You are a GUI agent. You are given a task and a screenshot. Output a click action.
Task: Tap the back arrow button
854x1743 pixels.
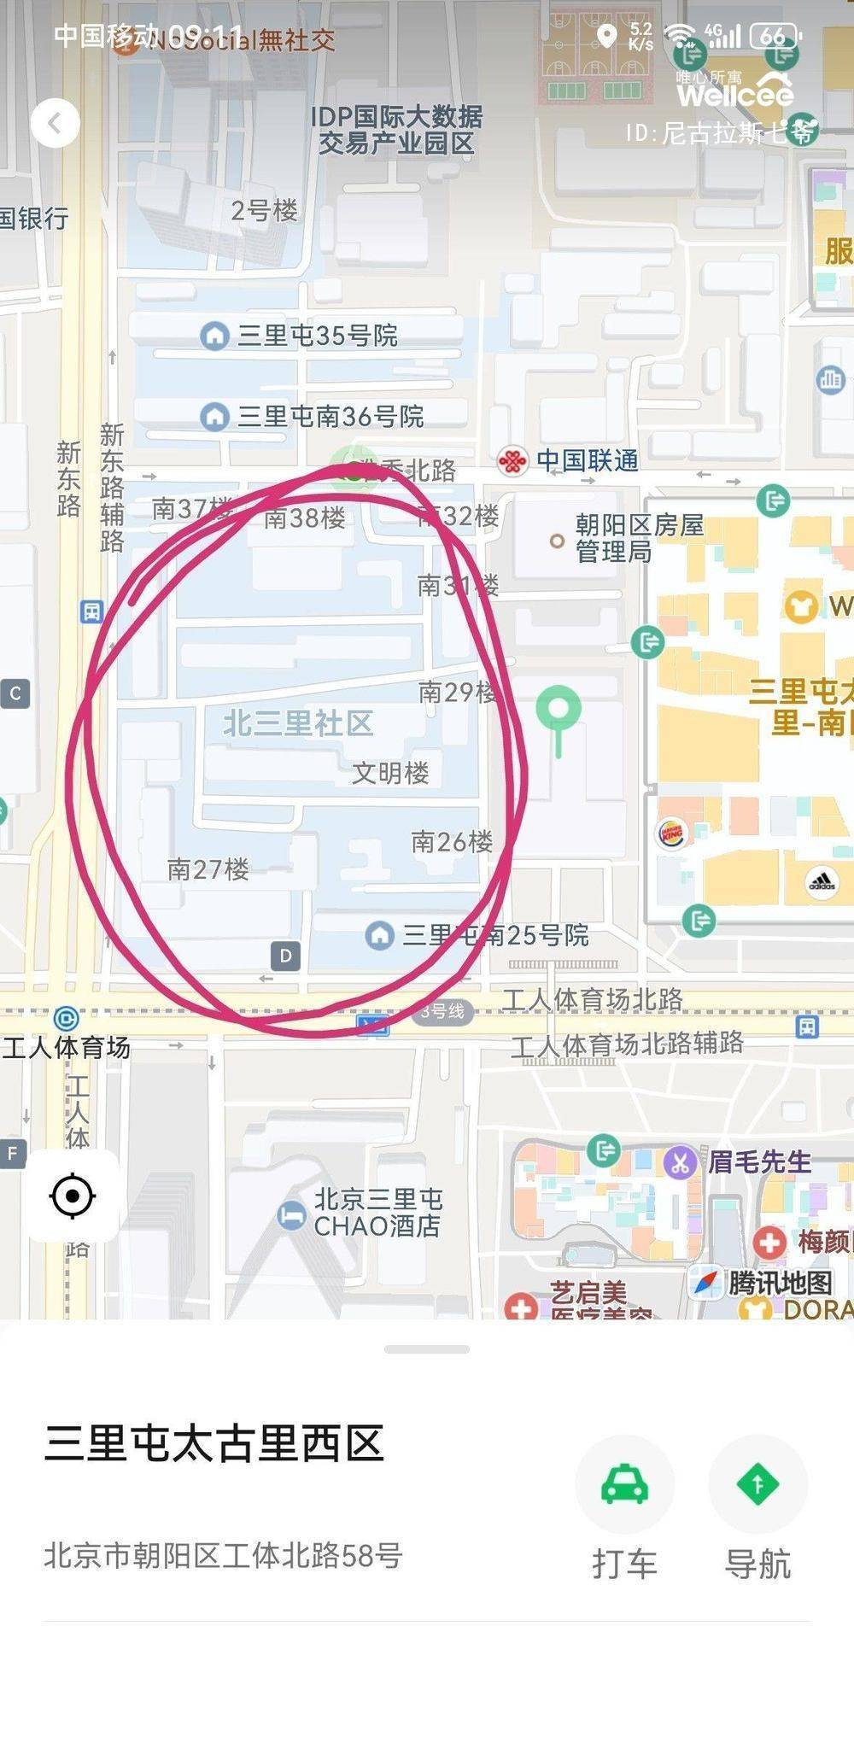tap(56, 124)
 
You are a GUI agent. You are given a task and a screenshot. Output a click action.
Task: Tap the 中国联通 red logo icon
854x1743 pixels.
tap(512, 462)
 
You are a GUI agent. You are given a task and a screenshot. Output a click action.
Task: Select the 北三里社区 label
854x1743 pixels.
tap(298, 723)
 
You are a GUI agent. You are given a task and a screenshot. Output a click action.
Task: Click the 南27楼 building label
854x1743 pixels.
tap(208, 869)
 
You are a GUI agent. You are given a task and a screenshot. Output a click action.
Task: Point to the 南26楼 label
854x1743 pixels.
tap(452, 842)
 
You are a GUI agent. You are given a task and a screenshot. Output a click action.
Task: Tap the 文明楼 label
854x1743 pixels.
tap(390, 773)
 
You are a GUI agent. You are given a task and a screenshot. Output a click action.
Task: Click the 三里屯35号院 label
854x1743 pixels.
tap(317, 336)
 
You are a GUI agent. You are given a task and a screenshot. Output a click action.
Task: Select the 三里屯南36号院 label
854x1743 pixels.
tap(330, 417)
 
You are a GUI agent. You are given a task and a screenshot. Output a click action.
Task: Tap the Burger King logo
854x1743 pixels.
tap(672, 833)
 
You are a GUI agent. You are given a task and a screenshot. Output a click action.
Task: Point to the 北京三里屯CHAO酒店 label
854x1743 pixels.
tap(377, 1213)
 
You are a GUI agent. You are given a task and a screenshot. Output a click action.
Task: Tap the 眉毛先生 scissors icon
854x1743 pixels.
tap(680, 1162)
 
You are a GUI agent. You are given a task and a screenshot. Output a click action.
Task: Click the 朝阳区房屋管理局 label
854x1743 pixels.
tap(639, 538)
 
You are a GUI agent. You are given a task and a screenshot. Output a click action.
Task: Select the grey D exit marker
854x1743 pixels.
tap(286, 956)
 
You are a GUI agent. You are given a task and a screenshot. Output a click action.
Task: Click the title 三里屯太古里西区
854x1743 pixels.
tap(214, 1443)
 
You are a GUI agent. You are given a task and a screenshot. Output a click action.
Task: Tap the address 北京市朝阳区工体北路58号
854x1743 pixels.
tap(223, 1555)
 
